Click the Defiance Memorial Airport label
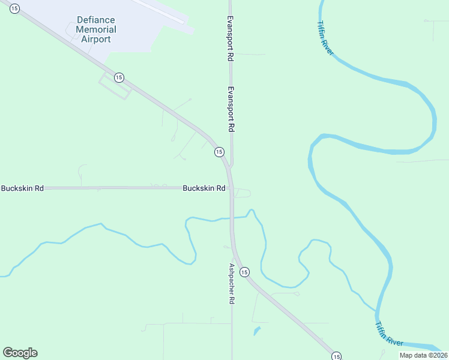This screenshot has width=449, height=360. pyautogui.click(x=96, y=29)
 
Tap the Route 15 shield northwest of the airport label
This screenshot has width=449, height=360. pyautogui.click(x=14, y=8)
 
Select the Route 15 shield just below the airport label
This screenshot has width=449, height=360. pyautogui.click(x=119, y=77)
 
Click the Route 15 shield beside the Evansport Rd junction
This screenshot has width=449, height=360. pyautogui.click(x=218, y=152)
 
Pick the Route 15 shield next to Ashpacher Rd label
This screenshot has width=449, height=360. pyautogui.click(x=244, y=272)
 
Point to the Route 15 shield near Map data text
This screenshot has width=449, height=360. pyautogui.click(x=336, y=356)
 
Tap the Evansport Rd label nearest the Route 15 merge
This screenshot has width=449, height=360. pyautogui.click(x=230, y=109)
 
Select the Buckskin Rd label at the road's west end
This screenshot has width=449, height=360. pyautogui.click(x=22, y=188)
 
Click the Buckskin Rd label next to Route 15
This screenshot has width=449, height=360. pyautogui.click(x=204, y=188)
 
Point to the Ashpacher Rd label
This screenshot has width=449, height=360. pyautogui.click(x=231, y=283)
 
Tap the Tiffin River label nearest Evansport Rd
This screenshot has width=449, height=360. pyautogui.click(x=325, y=39)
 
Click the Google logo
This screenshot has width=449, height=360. pyautogui.click(x=20, y=353)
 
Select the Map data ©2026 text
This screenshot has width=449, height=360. pyautogui.click(x=423, y=355)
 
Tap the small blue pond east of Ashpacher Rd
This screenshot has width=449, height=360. pyautogui.click(x=257, y=331)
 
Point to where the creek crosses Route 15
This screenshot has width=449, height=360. pyautogui.click(x=232, y=218)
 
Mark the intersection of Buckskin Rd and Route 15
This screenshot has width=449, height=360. pyautogui.click(x=231, y=188)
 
